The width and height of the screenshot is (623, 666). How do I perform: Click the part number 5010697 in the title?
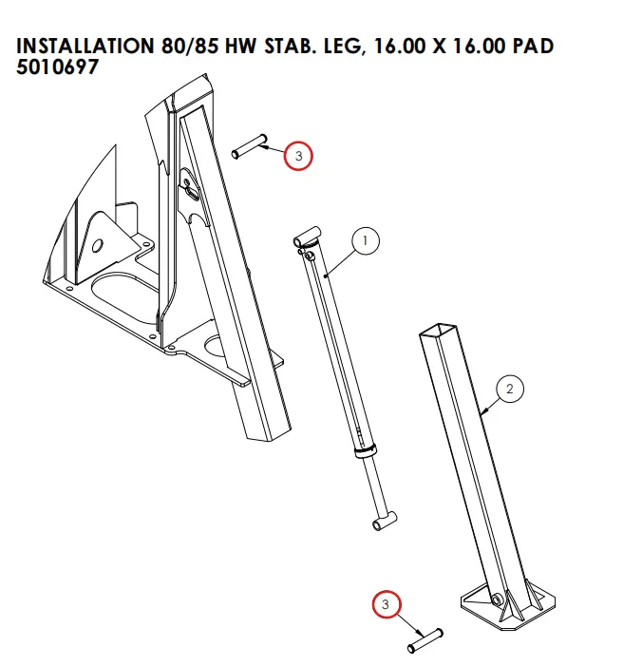pyautogui.click(x=57, y=67)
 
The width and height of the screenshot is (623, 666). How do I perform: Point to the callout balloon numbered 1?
pyautogui.click(x=365, y=241)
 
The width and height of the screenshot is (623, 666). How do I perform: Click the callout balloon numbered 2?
pyautogui.click(x=509, y=389)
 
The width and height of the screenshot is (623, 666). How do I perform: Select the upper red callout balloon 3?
pyautogui.click(x=297, y=156)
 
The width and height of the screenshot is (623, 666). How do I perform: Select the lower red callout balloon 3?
pyautogui.click(x=386, y=604)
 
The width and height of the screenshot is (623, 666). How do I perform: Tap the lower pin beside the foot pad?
pyautogui.click(x=425, y=640)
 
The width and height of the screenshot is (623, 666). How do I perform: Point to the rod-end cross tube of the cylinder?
pyautogui.click(x=384, y=520)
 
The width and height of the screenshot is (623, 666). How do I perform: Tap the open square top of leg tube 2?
pyautogui.click(x=438, y=334)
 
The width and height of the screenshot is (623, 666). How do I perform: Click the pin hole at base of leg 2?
pyautogui.click(x=496, y=599)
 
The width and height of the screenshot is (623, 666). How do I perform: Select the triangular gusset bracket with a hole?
pyautogui.click(x=99, y=242)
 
